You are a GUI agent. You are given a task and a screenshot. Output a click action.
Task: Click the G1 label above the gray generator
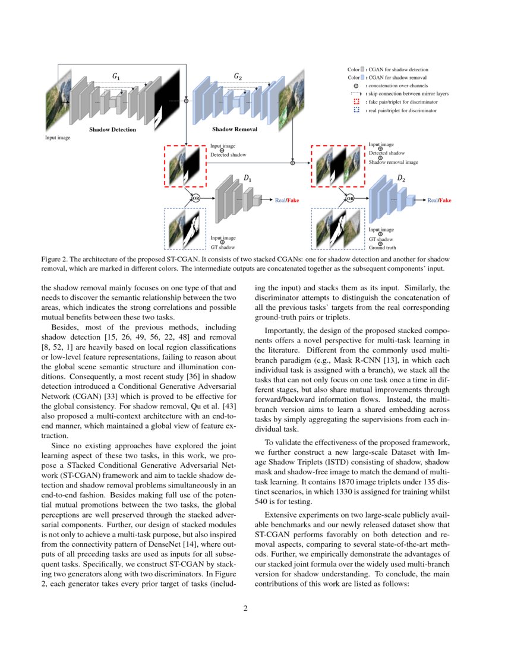(116, 77)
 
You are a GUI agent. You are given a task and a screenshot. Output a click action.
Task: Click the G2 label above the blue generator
(238, 77)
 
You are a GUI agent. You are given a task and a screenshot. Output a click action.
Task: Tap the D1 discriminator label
(248, 179)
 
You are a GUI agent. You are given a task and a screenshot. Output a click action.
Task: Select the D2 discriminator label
(401, 178)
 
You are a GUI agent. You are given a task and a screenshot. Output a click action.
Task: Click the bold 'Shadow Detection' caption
(112, 129)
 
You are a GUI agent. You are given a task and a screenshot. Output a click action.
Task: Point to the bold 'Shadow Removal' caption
(235, 129)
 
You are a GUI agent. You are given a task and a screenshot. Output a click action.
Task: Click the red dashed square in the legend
(356, 102)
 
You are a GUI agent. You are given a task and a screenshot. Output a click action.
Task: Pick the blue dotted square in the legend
(356, 111)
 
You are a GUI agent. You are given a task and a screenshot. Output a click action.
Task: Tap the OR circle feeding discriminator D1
(194, 198)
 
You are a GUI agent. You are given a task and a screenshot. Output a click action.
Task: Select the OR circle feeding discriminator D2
(350, 198)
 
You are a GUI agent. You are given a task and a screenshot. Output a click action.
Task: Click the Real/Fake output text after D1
(287, 201)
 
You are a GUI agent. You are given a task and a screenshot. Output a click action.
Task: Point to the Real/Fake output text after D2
(439, 201)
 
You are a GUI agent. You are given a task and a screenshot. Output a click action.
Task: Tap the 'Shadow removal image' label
(393, 162)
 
